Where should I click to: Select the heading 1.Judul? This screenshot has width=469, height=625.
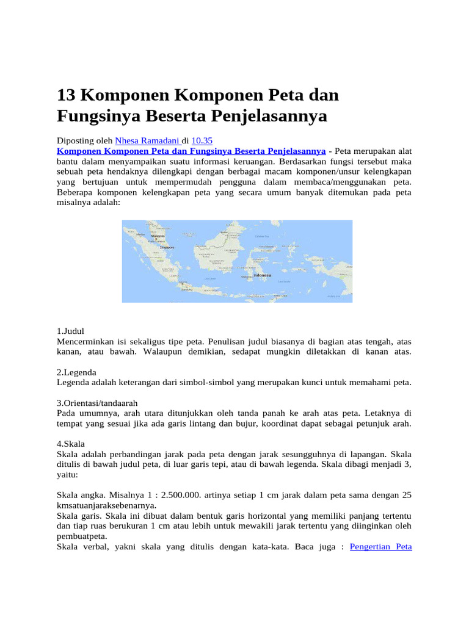(x=70, y=331)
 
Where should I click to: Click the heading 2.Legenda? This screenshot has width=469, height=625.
(x=76, y=372)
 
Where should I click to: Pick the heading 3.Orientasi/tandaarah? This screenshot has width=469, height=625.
(x=96, y=403)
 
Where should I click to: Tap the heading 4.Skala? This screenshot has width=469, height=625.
(x=70, y=444)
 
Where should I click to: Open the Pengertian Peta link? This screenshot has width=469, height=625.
(x=382, y=546)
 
